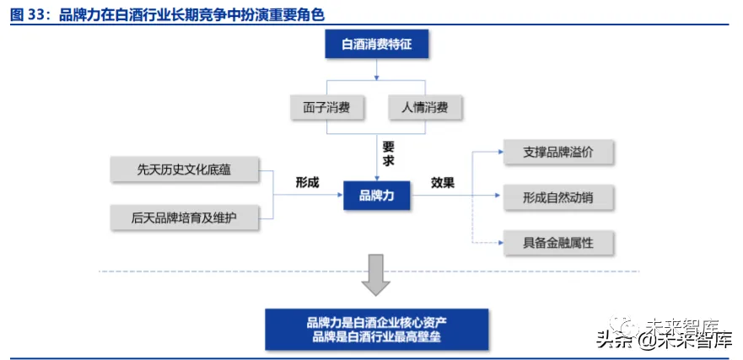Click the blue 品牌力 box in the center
point(376,196)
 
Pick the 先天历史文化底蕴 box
point(184,169)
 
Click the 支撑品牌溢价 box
point(557,153)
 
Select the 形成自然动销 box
point(557,198)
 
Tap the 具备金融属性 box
point(557,243)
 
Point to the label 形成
point(307,182)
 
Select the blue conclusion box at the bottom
point(376,329)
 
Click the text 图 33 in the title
point(30,15)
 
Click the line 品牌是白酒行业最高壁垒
point(376,337)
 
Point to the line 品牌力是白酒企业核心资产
point(376,321)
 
